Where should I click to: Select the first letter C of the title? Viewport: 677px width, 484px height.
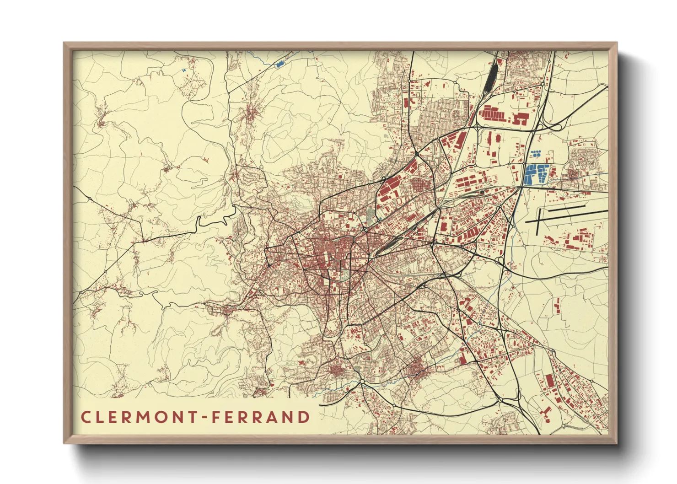tap(86, 417)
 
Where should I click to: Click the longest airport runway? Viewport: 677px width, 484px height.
tap(567, 215)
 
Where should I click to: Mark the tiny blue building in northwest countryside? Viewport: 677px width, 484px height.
tap(184, 70)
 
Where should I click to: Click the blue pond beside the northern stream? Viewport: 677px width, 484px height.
tap(279, 65)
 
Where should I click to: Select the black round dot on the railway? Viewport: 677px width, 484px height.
tap(481, 193)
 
